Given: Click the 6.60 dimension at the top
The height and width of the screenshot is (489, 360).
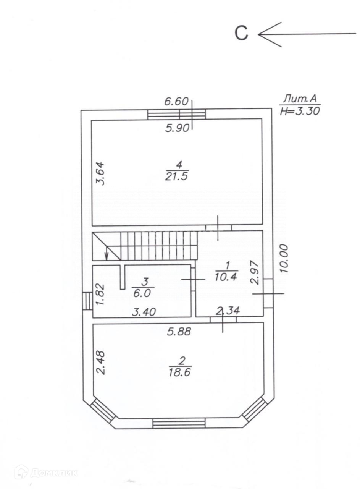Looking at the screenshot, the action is tap(176, 102).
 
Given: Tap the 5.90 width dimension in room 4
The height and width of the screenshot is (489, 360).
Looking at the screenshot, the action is tap(177, 128).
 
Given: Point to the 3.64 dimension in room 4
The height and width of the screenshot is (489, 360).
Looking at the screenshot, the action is tap(101, 173).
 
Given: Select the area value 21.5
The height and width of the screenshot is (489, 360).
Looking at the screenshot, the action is tap(176, 176).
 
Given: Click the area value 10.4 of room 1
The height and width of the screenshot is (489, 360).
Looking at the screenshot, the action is tap(226, 277).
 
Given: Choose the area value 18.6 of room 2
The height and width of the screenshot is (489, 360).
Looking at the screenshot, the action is tap(179, 372).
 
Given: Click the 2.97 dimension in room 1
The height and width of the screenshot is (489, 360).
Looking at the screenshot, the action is tap(255, 273).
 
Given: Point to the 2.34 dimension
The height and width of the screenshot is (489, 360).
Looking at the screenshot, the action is tap(228, 311).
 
